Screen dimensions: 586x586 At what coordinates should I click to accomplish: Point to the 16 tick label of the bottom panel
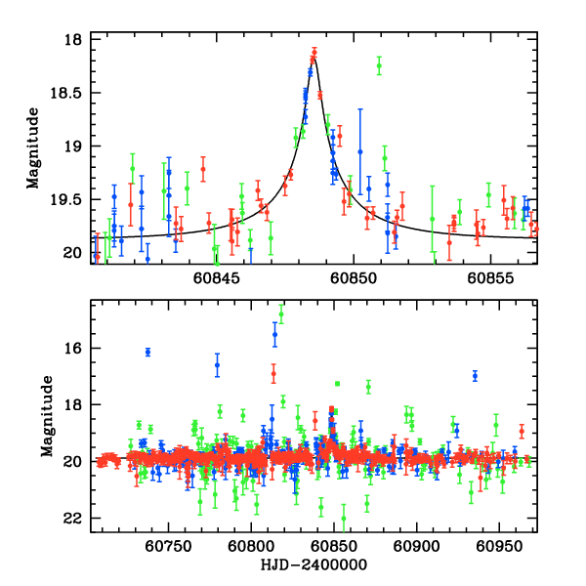point(74,349)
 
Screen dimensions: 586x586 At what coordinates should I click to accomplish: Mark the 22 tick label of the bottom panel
point(74,518)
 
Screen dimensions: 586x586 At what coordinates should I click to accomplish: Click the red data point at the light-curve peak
point(314,51)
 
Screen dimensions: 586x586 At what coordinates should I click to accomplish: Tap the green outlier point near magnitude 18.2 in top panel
point(379,65)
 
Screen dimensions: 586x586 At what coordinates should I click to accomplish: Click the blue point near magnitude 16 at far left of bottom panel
point(147,352)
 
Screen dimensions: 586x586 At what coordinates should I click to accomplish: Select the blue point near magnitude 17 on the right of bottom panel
point(475,376)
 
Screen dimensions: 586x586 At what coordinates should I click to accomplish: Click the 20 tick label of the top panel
point(74,253)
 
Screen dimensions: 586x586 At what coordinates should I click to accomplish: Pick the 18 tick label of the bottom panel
point(74,405)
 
